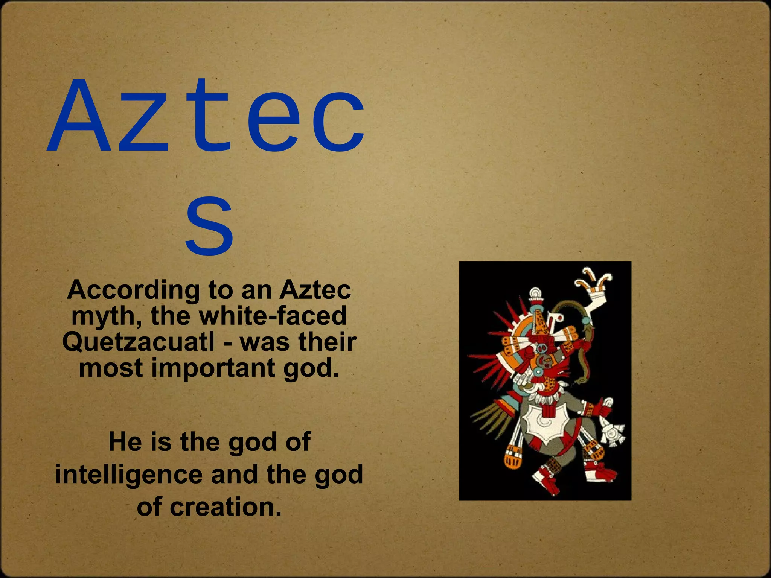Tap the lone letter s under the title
209,226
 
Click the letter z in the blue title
145,124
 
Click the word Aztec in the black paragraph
315,290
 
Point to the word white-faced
273,316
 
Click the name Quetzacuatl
139,342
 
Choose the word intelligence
129,475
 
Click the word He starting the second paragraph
125,442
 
